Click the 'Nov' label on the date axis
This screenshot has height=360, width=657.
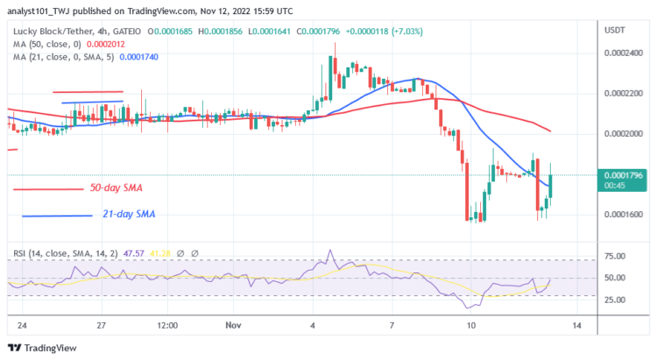tap(231, 325)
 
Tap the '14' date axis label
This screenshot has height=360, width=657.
tap(578, 325)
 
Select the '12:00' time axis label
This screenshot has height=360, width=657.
tap(168, 325)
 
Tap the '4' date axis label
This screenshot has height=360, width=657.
tap(312, 325)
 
